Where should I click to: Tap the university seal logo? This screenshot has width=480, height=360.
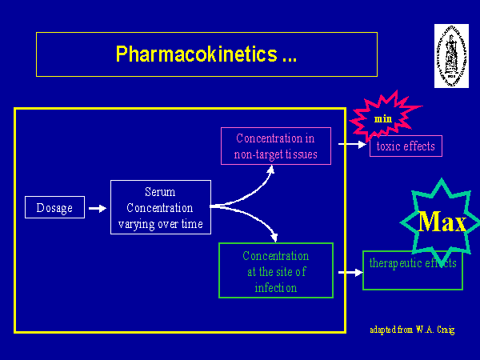point(450,55)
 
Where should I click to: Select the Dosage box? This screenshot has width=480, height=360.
point(54,208)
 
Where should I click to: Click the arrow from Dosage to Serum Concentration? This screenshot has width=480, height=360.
point(97,208)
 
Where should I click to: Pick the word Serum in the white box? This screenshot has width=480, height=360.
point(160,192)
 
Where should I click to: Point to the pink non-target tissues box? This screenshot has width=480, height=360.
point(274,146)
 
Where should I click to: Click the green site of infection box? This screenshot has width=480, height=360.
point(275,271)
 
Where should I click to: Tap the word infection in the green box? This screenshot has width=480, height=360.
point(275,287)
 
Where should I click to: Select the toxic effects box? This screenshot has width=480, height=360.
point(406,146)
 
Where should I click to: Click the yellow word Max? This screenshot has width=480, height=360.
point(442,222)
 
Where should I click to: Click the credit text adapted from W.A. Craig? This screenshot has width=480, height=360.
point(412,330)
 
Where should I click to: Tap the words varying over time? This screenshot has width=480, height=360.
point(160,224)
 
